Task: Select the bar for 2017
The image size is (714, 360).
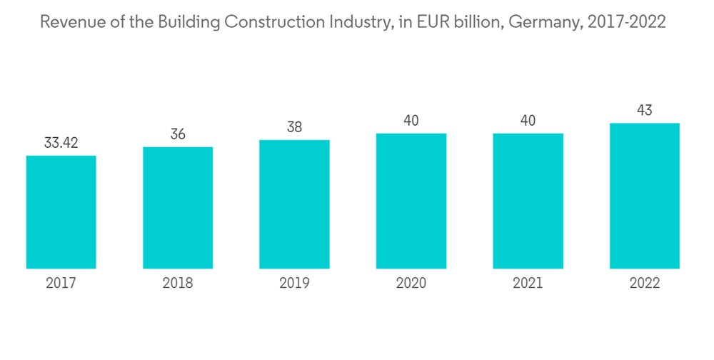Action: click(x=61, y=212)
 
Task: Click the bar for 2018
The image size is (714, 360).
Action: click(x=178, y=208)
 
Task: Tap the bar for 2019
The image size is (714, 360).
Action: click(x=294, y=204)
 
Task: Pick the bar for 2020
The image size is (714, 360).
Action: click(x=411, y=201)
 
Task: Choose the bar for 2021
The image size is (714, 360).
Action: click(x=528, y=201)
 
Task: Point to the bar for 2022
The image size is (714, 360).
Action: click(x=644, y=196)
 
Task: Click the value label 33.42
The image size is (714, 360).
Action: click(x=61, y=143)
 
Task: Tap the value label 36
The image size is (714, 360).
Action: click(x=178, y=134)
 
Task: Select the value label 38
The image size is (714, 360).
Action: click(x=294, y=127)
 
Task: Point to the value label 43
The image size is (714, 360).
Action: click(x=644, y=111)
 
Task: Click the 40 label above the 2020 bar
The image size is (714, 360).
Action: click(x=411, y=121)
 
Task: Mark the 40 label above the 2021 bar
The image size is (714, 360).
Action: click(x=528, y=121)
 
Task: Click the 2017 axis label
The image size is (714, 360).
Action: click(x=61, y=284)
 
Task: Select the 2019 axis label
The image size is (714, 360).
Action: click(x=294, y=284)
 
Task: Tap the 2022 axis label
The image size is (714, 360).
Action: click(x=644, y=284)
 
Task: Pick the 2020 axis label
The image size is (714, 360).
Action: click(x=411, y=284)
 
